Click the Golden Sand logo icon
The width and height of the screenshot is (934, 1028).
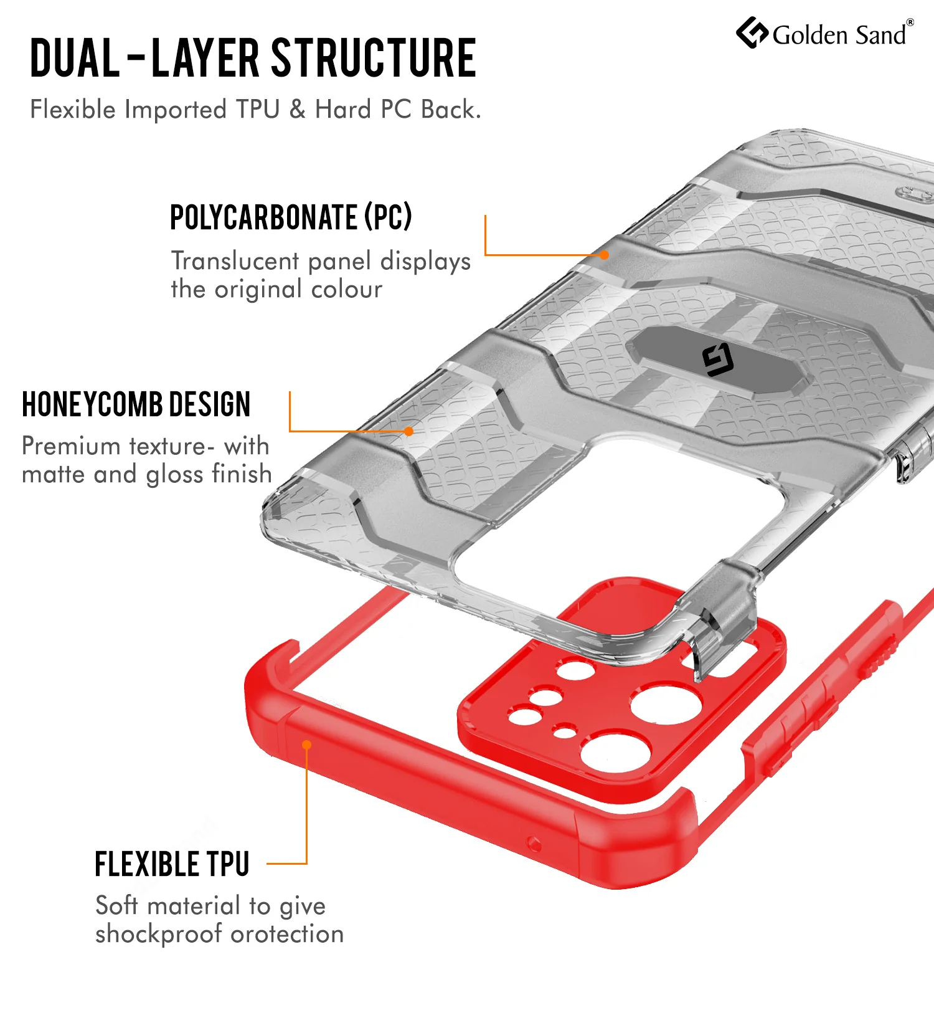pyautogui.click(x=752, y=32)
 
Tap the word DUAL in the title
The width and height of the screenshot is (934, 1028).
pyautogui.click(x=75, y=58)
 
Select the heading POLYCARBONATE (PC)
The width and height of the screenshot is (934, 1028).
pyautogui.click(x=291, y=217)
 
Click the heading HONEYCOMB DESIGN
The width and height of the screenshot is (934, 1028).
pyautogui.click(x=136, y=404)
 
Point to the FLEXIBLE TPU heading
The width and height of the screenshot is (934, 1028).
pyautogui.click(x=172, y=864)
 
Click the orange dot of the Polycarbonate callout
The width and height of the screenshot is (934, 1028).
pyautogui.click(x=604, y=255)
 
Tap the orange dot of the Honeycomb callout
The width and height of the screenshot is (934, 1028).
pyautogui.click(x=408, y=431)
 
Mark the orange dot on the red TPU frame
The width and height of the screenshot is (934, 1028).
pyautogui.click(x=306, y=745)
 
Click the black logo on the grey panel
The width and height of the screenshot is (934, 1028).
pyautogui.click(x=718, y=360)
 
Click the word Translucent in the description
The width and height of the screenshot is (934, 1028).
pyautogui.click(x=235, y=261)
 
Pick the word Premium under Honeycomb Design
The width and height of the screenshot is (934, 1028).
pyautogui.click(x=71, y=446)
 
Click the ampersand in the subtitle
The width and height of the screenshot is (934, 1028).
pyautogui.click(x=298, y=110)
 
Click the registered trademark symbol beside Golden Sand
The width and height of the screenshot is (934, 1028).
pyautogui.click(x=910, y=22)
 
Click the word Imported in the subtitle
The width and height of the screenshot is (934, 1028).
pyautogui.click(x=176, y=110)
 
